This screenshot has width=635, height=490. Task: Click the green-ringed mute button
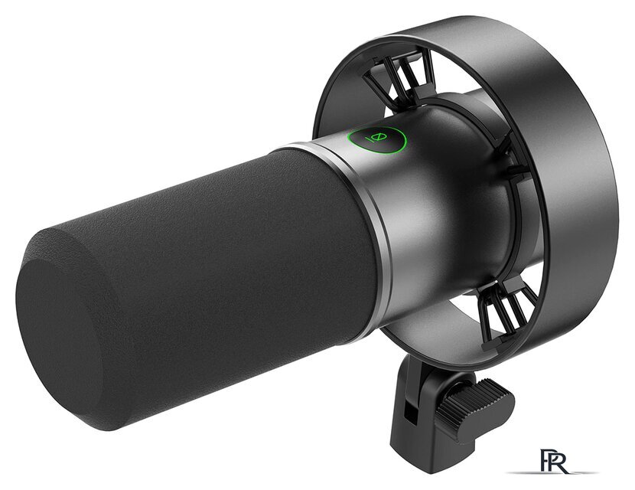[x=377, y=140]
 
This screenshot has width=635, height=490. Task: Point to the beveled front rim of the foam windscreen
[x=49, y=251]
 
